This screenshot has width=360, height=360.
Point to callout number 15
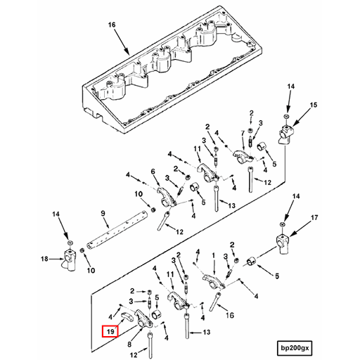(x=314, y=105)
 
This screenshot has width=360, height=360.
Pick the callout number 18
(x=44, y=259)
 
